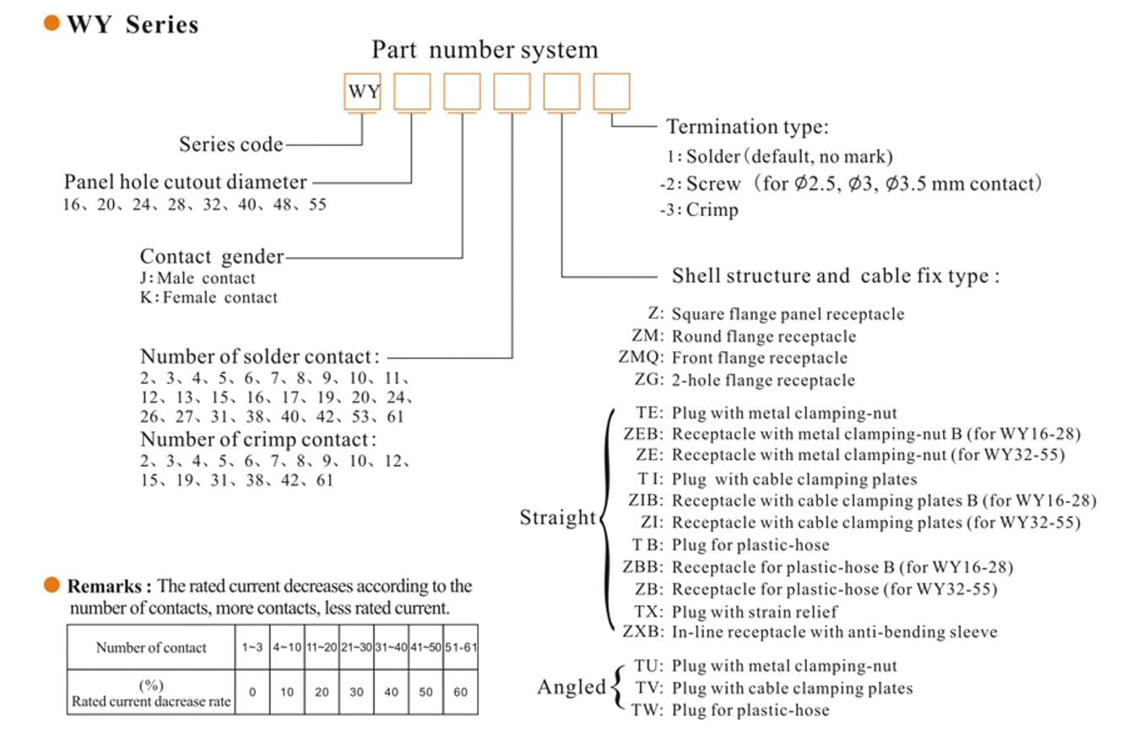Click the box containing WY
[x=363, y=92]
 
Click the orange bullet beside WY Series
[x=51, y=24]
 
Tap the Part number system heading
[x=485, y=50]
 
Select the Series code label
[x=230, y=144]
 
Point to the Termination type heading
[x=747, y=127]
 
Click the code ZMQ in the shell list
[x=641, y=358]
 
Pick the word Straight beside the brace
[x=557, y=517]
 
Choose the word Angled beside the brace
[x=571, y=687]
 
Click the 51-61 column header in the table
[x=460, y=647]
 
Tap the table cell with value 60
[x=460, y=692]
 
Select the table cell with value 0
[x=252, y=692]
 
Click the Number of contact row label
[x=151, y=647]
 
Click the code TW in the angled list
[x=647, y=709]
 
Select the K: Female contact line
[x=209, y=297]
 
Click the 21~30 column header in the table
[x=356, y=647]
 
